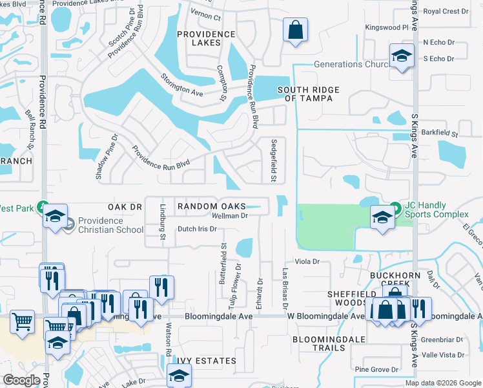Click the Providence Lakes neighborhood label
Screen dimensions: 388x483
coord(206,38)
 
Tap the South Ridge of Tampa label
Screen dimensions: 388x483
coord(305,94)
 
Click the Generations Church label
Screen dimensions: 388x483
coord(346,64)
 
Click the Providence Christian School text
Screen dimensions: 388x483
coord(110,225)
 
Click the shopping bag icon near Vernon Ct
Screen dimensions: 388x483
coord(295,30)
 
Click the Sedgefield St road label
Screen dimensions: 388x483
coord(274,160)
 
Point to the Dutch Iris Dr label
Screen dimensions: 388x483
coord(197,229)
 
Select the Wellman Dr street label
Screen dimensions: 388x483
coord(231,215)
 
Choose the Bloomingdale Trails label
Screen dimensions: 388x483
coord(319,343)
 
